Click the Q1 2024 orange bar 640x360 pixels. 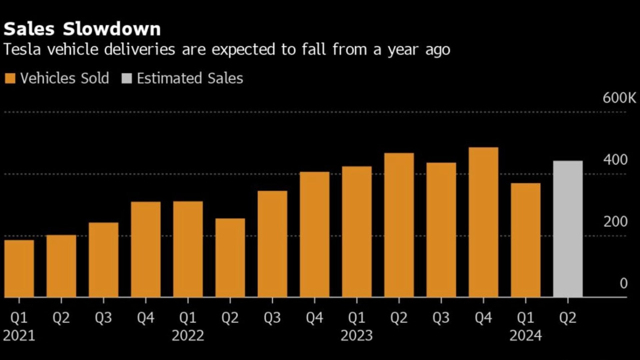(526, 240)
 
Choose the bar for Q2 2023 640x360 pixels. (399, 225)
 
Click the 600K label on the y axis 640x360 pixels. (619, 98)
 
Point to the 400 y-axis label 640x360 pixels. (615, 160)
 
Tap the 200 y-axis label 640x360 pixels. (615, 222)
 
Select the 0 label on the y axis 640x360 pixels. (623, 284)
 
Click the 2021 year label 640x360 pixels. (19, 335)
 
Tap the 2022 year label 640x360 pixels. (188, 335)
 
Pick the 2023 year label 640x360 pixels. (357, 335)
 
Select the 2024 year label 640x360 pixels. (526, 335)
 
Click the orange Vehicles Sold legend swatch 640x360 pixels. (10, 79)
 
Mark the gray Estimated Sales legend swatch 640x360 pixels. (127, 79)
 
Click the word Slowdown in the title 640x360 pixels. (112, 29)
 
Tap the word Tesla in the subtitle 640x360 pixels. (22, 50)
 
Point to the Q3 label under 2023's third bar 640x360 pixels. (441, 318)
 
